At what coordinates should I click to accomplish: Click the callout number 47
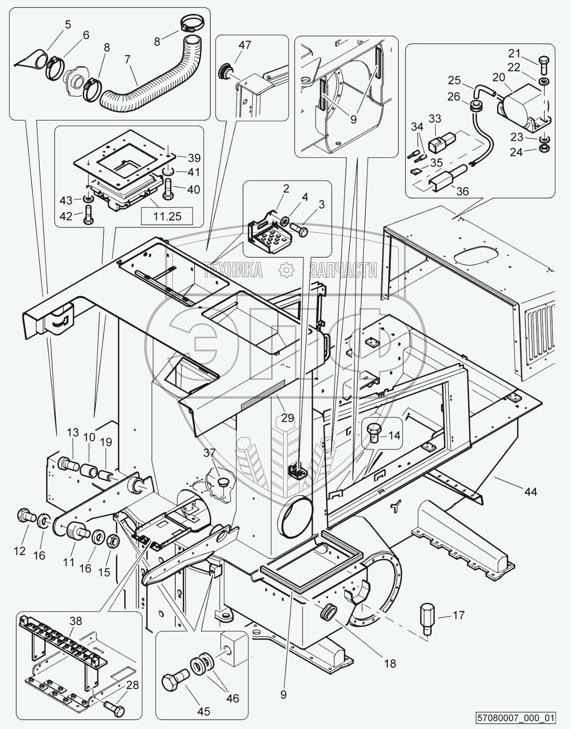245,45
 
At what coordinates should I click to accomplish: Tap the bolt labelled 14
374,433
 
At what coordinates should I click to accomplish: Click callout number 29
288,417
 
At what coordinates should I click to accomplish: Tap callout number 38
76,621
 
